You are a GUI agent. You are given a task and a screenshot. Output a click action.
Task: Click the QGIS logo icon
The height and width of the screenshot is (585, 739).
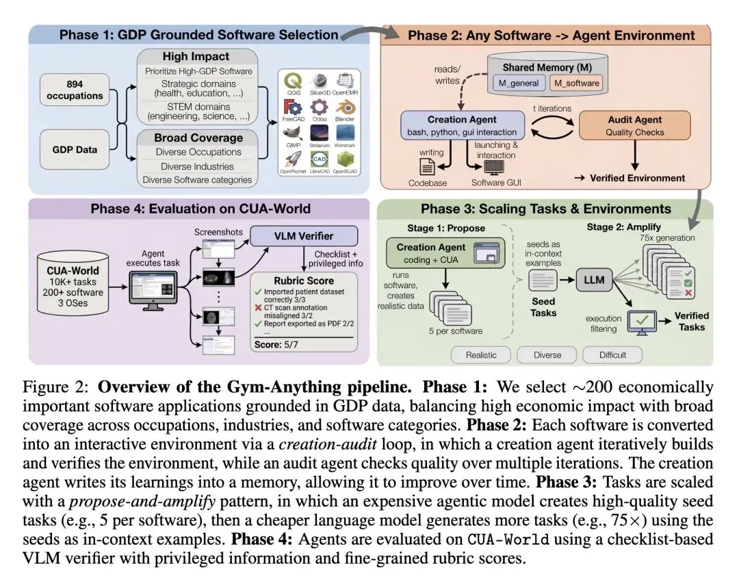click(295, 80)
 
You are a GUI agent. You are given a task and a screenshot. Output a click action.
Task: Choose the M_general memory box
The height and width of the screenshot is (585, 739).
click(517, 83)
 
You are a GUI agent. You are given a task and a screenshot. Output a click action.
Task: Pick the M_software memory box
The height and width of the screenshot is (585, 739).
click(576, 83)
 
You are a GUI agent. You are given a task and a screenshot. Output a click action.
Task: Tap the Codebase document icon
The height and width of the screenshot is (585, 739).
click(426, 165)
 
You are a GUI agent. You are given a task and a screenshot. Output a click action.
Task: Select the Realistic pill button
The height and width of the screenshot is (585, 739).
click(481, 355)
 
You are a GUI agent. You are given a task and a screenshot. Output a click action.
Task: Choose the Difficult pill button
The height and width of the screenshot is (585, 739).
click(612, 355)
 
